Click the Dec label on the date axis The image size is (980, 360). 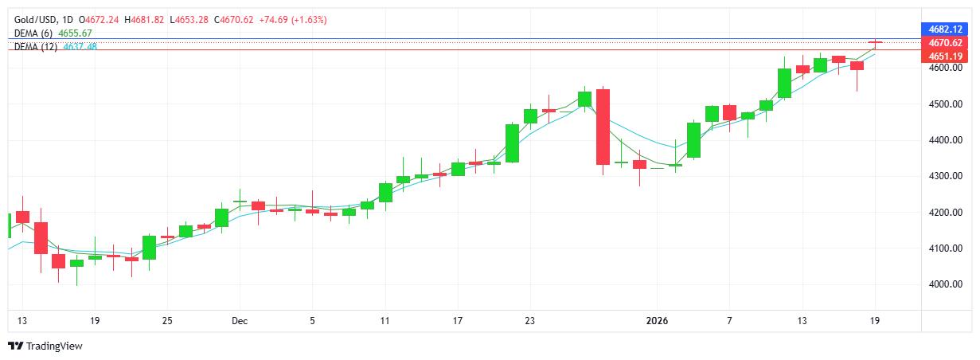click(x=240, y=321)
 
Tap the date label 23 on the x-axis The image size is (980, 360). click(x=530, y=321)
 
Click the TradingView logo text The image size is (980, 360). click(x=54, y=346)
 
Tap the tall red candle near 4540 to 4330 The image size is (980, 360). click(x=603, y=127)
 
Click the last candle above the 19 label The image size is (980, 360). click(x=876, y=42)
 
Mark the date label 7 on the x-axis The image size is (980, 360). click(x=729, y=321)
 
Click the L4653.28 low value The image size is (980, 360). click(x=189, y=19)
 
